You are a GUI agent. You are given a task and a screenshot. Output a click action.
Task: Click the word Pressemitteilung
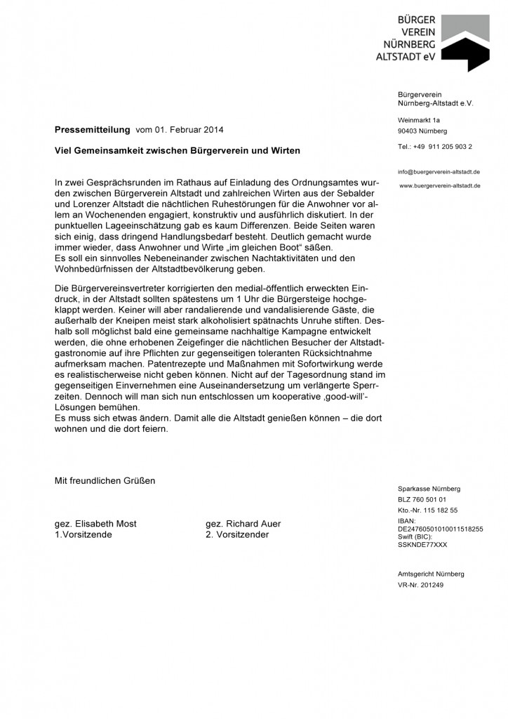point(93,130)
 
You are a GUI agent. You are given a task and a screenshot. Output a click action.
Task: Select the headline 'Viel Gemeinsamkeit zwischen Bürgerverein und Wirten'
point(178,151)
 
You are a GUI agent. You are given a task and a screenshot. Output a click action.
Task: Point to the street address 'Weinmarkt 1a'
point(419,120)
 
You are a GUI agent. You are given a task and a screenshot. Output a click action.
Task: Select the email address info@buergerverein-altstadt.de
point(439,172)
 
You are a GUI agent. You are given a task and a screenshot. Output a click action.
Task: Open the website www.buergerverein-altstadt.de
point(440,185)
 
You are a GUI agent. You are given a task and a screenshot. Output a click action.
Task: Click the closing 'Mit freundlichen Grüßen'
point(105,481)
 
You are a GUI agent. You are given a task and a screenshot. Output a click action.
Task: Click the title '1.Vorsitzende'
point(83,534)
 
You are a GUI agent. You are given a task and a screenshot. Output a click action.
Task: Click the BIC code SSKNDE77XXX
point(422,544)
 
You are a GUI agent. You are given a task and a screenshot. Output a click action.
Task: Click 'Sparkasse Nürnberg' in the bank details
point(429,488)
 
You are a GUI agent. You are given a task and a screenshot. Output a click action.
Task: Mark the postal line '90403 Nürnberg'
point(422,131)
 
